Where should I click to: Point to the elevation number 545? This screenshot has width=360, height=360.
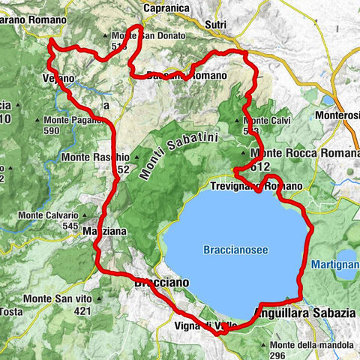(70, 225)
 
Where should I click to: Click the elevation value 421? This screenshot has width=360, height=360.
(82, 310)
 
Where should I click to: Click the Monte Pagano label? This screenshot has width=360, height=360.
(79, 119)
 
